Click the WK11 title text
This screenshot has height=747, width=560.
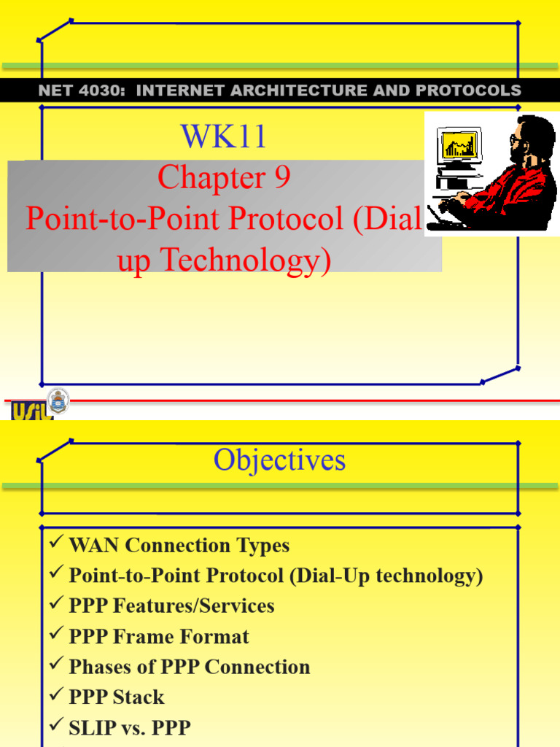point(223,136)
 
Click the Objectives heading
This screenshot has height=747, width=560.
point(279,460)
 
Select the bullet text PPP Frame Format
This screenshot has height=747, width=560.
point(158,637)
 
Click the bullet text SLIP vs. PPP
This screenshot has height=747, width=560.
point(129,728)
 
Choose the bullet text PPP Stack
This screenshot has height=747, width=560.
point(117,697)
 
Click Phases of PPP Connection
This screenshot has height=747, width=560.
point(189,667)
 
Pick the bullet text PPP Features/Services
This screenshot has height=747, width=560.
point(171,606)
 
